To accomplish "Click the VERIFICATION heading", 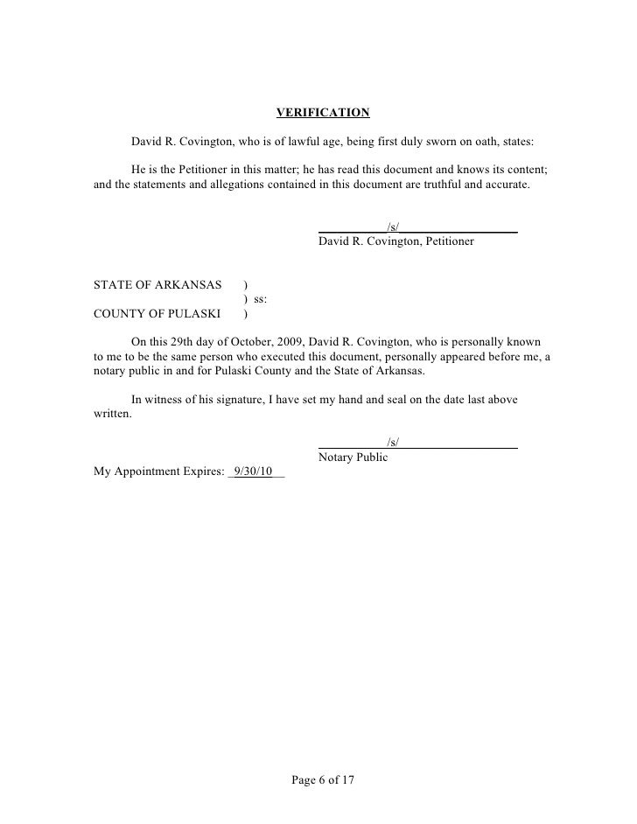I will point(323,113).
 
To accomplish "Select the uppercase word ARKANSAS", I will point(185,284).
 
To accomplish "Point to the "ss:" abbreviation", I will point(261,299).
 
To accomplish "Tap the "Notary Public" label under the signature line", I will point(353,457).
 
